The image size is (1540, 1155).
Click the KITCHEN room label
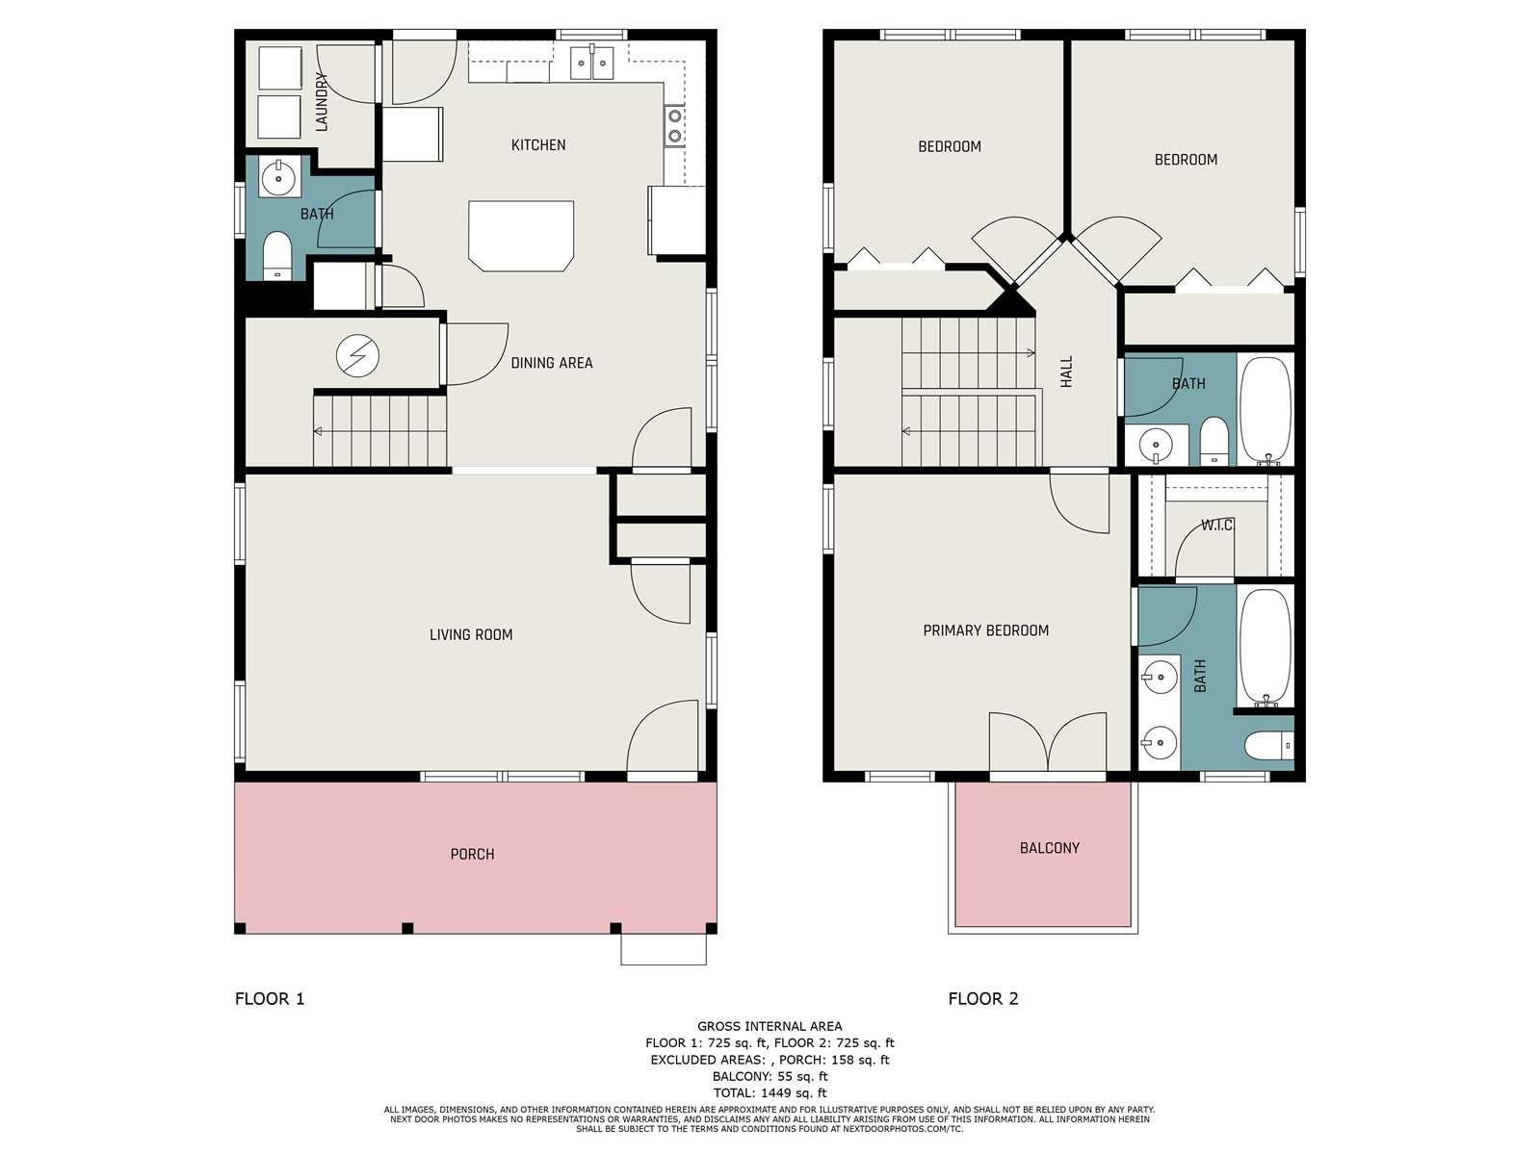click(538, 145)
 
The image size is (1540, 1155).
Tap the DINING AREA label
click(552, 363)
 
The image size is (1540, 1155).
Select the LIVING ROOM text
click(471, 635)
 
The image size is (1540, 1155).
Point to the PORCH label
click(472, 855)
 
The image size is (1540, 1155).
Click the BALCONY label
click(1049, 848)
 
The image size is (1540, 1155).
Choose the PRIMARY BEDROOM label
click(986, 630)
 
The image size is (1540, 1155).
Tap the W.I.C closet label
click(1215, 525)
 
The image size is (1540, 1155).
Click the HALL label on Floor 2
click(1066, 372)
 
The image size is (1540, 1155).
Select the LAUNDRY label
click(322, 102)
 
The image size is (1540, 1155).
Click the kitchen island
click(521, 236)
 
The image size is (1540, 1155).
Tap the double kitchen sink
click(591, 64)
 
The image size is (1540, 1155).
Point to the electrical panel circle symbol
click(358, 356)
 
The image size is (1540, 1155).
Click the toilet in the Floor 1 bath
click(277, 256)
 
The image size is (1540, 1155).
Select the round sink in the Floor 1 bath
click(278, 176)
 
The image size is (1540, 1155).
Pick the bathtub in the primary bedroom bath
click(1265, 647)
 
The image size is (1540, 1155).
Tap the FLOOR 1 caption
click(270, 999)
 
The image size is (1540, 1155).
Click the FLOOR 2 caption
click(983, 999)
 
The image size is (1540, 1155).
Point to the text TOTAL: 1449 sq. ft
click(770, 1092)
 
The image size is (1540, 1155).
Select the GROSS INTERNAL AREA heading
click(770, 1026)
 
